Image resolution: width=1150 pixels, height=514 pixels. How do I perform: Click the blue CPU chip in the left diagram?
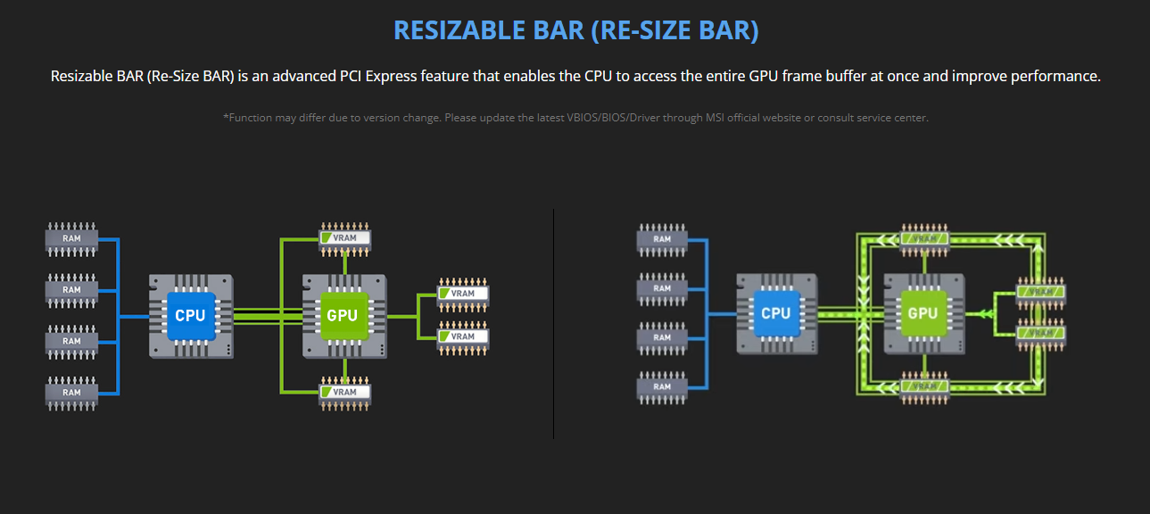coord(190,315)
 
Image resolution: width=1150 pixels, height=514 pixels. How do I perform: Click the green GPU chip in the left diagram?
coord(343,315)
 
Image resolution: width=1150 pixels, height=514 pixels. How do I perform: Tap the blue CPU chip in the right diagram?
coord(775,313)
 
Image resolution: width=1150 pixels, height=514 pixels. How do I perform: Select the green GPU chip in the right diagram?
coord(922,313)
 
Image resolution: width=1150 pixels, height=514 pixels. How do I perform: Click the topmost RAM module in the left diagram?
coord(71,238)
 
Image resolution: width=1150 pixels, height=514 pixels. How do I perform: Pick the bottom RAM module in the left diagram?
coord(71,393)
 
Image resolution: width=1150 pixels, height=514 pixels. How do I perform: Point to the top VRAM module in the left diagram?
coord(344,238)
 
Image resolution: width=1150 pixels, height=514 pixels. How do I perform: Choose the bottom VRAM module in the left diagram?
coord(344,392)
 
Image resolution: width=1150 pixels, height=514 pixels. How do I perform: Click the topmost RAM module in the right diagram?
coord(662,238)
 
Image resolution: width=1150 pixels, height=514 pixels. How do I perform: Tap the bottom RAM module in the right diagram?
coord(662,386)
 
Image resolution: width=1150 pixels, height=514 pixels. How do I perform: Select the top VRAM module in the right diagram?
coord(924,238)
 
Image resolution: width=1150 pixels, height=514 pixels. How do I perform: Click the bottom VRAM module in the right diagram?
coord(924,386)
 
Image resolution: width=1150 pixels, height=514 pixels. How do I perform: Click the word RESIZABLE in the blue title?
coord(463,30)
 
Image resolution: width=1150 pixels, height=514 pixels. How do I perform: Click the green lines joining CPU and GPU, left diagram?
coord(268,315)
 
